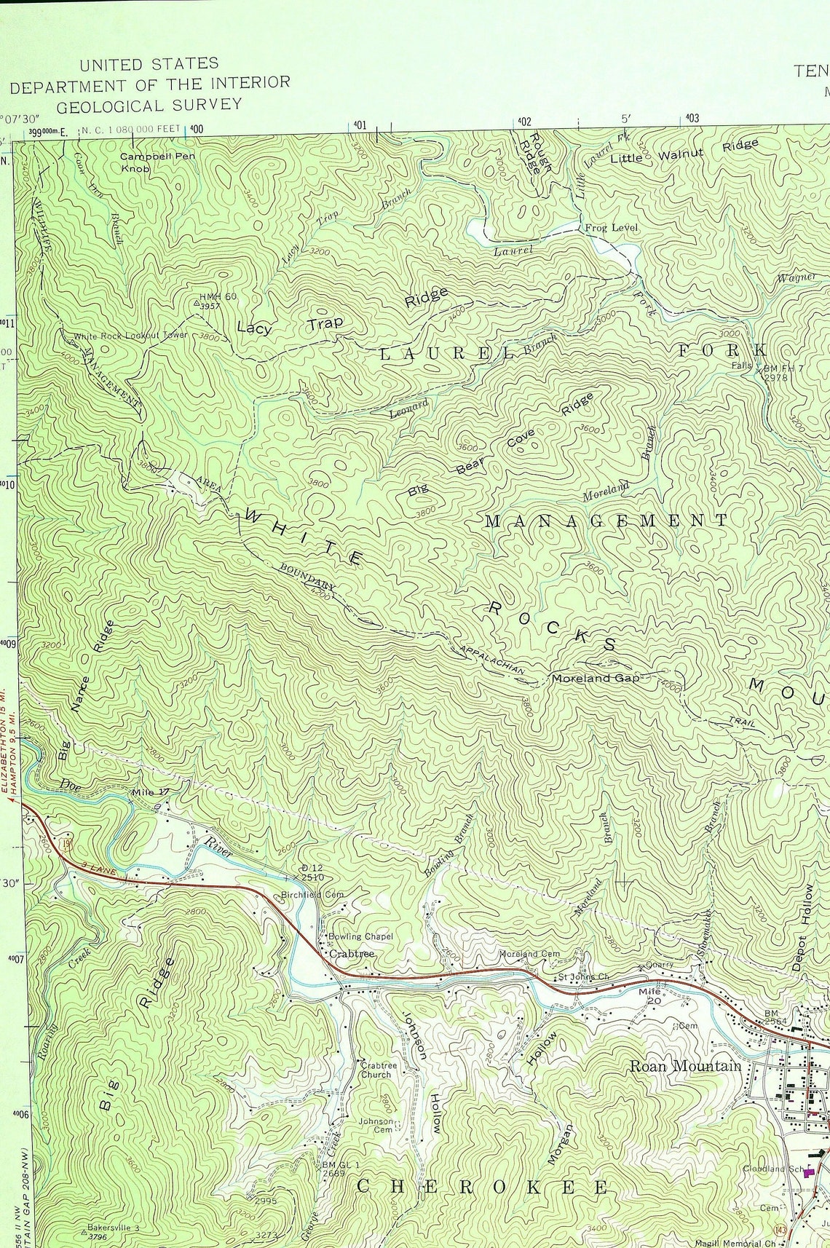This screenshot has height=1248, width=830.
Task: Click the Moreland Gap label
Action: (x=595, y=678)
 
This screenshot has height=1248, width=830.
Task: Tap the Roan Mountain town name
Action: (x=685, y=1066)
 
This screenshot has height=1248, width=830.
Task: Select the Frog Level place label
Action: (x=611, y=228)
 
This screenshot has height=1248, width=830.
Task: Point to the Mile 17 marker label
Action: (x=149, y=791)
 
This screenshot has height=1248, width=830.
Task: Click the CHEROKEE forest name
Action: (x=483, y=1188)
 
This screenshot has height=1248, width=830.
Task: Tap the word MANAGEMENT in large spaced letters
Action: (x=606, y=520)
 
